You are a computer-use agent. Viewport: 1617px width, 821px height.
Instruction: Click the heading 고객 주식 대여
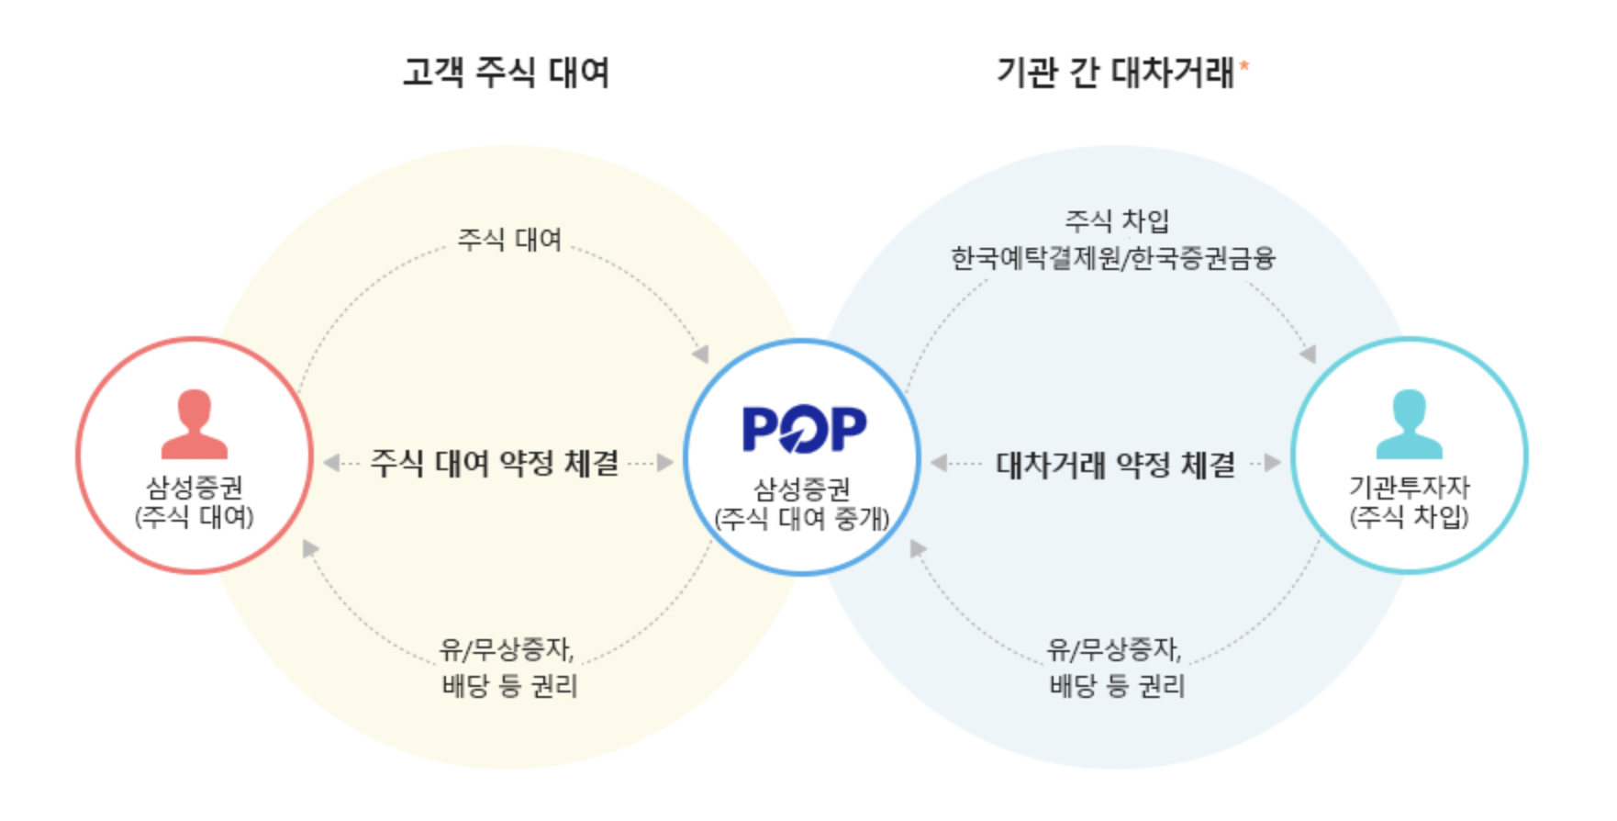506,72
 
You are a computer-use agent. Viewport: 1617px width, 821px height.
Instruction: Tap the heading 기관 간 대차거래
1115,72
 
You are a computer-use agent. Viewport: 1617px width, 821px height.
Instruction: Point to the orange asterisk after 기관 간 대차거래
1244,65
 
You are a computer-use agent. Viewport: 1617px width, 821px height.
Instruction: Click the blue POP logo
804,429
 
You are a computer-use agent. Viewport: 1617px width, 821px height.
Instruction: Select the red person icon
194,424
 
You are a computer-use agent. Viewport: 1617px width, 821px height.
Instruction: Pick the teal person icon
1409,424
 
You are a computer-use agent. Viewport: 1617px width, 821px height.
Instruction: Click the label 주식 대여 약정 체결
495,463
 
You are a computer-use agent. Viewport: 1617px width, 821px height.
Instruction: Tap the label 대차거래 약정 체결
1115,465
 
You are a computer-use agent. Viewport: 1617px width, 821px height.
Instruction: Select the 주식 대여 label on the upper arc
509,240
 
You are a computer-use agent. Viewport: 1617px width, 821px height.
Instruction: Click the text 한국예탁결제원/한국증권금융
1112,258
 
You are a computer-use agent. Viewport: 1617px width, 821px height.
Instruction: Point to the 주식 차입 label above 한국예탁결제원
1116,220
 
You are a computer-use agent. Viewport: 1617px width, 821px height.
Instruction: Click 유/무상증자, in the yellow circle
507,649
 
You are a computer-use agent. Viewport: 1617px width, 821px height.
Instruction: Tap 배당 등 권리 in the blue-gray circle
1117,685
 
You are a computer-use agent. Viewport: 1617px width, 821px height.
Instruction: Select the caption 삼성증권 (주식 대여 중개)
802,504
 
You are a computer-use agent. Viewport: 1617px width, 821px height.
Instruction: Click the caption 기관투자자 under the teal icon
1409,487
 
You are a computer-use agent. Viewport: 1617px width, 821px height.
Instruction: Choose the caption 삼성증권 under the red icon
194,487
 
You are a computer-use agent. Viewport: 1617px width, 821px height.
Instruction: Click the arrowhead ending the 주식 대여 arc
701,354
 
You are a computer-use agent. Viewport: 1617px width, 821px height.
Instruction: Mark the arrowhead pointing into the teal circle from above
1309,354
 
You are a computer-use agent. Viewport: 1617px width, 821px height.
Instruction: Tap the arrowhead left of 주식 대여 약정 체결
331,463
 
